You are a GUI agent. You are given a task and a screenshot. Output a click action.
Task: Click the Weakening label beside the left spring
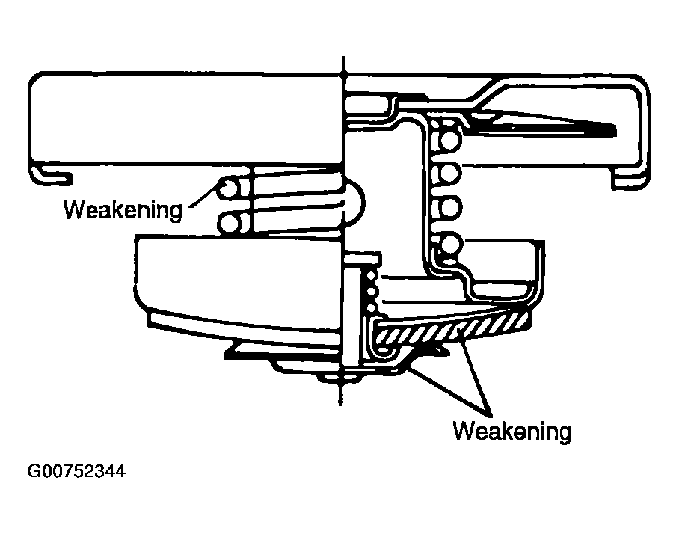pyautogui.click(x=123, y=210)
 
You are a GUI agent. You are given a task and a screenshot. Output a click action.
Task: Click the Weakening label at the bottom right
pyautogui.click(x=512, y=431)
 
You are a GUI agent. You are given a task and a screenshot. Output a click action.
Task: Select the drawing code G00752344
pyautogui.click(x=76, y=470)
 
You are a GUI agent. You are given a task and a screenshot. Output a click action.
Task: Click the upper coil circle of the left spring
pyautogui.click(x=228, y=188)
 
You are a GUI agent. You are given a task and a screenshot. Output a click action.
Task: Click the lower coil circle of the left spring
pyautogui.click(x=228, y=224)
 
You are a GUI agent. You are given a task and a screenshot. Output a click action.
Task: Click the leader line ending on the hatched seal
pyautogui.click(x=476, y=372)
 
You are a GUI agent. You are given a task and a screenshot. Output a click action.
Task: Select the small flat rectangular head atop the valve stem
pyautogui.click(x=363, y=259)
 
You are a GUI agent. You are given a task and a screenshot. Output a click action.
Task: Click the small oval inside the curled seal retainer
pyautogui.click(x=384, y=349)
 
